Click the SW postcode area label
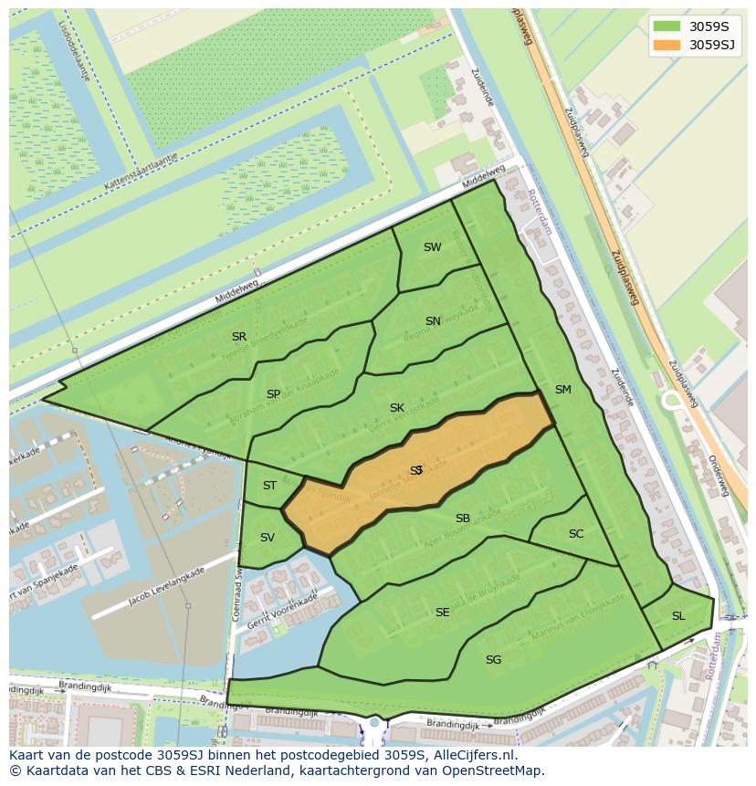(432, 247)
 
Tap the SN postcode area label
(433, 321)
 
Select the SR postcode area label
(239, 337)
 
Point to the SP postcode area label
(273, 394)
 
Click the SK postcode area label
(396, 408)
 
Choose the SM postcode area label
(562, 390)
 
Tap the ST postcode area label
(269, 486)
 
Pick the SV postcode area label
(267, 538)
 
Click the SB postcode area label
(463, 519)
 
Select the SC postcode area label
(575, 534)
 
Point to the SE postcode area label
(442, 613)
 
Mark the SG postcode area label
(493, 660)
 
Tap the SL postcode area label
(678, 616)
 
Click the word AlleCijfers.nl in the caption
(474, 756)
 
